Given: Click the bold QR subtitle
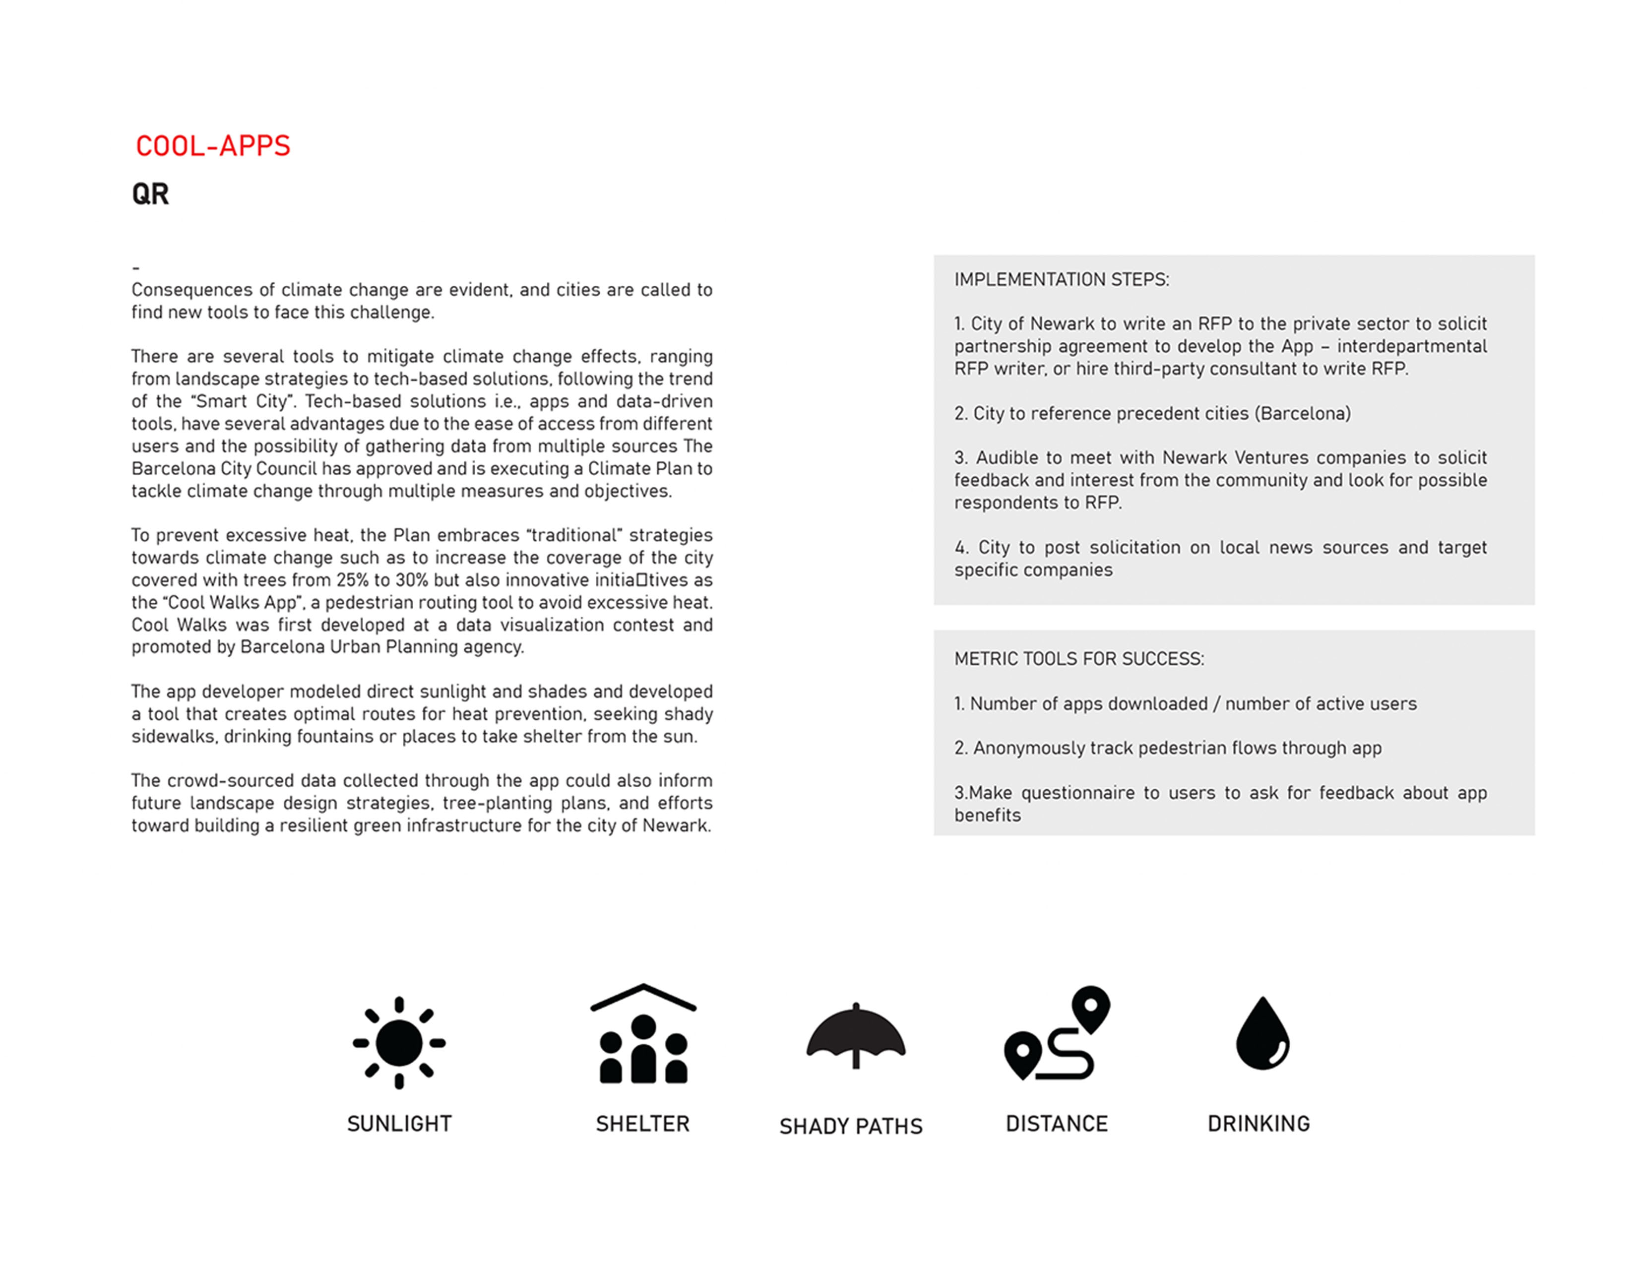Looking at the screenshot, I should (151, 194).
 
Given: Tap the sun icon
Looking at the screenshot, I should (399, 1042).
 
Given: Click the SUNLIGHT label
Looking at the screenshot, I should (399, 1123).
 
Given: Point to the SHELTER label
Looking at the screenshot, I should (642, 1123).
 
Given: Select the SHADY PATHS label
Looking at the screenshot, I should (851, 1127).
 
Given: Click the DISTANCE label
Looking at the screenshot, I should (1057, 1123).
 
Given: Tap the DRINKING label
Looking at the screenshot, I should (1259, 1123).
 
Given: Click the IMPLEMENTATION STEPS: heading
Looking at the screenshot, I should (1062, 279).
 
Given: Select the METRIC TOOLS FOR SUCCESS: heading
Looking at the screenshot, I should (1078, 659).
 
